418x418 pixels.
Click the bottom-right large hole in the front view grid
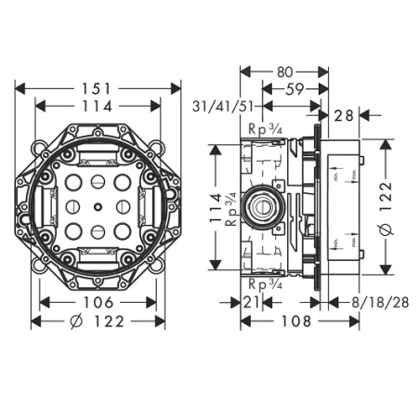(121, 229)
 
